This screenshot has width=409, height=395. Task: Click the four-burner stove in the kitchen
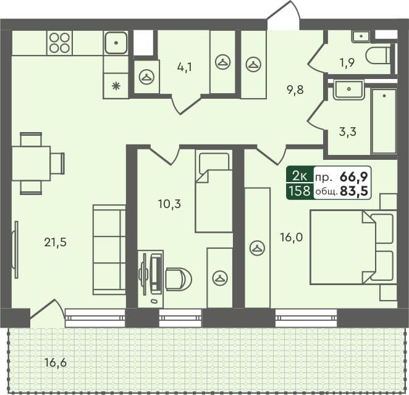[x=60, y=43]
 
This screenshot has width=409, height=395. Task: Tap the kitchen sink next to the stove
[x=116, y=43]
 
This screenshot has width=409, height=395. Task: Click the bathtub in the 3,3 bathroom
[x=383, y=121]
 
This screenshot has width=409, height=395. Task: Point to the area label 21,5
[x=55, y=243]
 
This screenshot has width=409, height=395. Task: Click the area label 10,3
[x=169, y=203]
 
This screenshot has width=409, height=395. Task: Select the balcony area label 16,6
[x=55, y=362]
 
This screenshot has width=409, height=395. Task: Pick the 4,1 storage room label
[x=184, y=67]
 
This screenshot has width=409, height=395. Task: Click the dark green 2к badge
[x=299, y=175]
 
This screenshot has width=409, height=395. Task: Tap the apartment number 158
[x=299, y=191]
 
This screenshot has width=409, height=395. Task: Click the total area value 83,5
[x=354, y=191]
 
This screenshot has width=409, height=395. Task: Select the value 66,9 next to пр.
[x=354, y=176]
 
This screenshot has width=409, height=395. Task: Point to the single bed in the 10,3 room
[x=213, y=191]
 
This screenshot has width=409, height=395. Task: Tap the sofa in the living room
[x=109, y=249]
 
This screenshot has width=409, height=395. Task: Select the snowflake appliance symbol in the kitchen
[x=116, y=86]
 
